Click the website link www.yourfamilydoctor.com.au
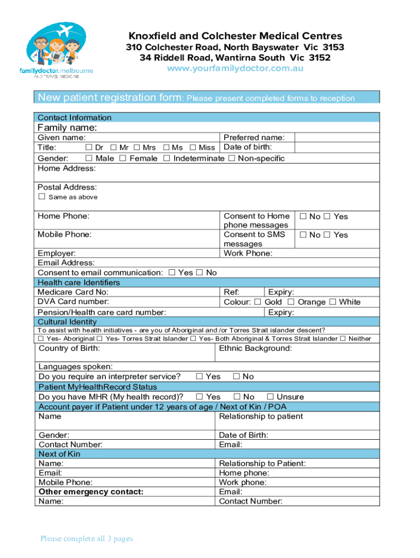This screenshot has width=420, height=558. pos(235,69)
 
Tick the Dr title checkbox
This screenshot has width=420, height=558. pos(88,148)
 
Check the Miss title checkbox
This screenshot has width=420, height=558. pos(193,148)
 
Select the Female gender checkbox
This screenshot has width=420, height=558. pos(123,158)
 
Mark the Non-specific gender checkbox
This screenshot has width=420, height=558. pos(231,158)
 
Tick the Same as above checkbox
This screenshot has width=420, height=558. pos(41,197)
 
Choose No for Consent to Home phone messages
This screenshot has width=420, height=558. pos(303,216)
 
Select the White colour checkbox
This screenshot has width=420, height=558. pos(332,302)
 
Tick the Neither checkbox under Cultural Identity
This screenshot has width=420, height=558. pos(343,338)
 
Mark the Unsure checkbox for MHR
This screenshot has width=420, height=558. pos(270,397)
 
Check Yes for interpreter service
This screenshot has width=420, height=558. pos(200,377)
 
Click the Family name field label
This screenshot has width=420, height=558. pos(67,128)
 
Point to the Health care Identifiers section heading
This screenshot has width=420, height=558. pos(79,282)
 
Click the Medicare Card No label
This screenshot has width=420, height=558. pos(69,292)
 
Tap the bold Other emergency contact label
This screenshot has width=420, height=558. pos(91,492)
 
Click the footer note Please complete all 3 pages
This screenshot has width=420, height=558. pos(86,539)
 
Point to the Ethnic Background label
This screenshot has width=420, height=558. pos(255,348)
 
